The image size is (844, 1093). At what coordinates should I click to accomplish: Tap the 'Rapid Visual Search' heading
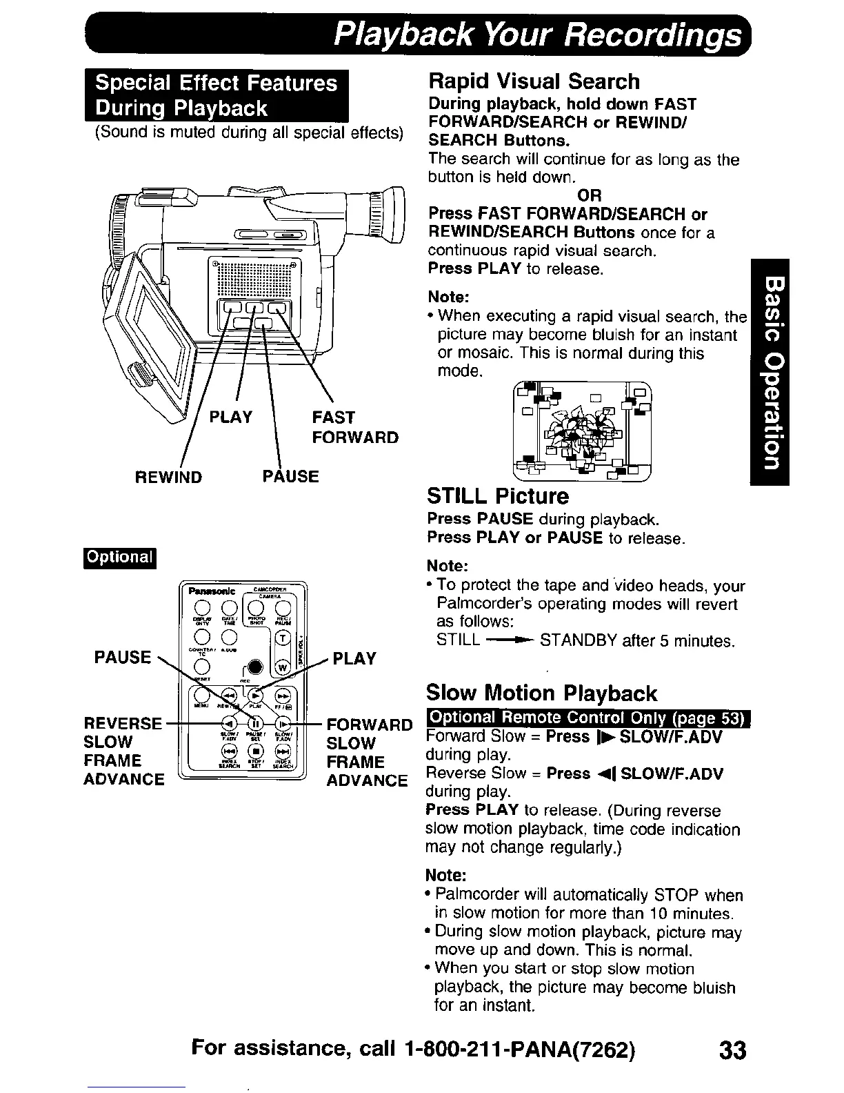point(534,81)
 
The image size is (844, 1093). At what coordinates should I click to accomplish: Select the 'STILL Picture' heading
point(498,496)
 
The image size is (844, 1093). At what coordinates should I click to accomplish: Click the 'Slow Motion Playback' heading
point(541,693)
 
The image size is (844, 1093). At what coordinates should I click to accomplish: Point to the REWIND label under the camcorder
point(168,477)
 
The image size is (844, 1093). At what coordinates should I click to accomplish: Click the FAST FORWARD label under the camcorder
point(354,427)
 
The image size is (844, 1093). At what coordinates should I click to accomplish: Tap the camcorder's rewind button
point(228,308)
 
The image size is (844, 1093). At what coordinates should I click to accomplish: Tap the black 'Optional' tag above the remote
point(120,557)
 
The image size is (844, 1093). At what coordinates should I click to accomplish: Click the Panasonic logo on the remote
point(208,591)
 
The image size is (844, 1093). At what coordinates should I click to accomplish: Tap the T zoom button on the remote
point(282,638)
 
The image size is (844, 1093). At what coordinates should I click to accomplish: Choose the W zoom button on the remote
point(282,667)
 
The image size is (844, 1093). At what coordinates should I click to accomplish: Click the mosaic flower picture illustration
point(582,429)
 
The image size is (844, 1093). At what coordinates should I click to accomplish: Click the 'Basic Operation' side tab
point(770,372)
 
